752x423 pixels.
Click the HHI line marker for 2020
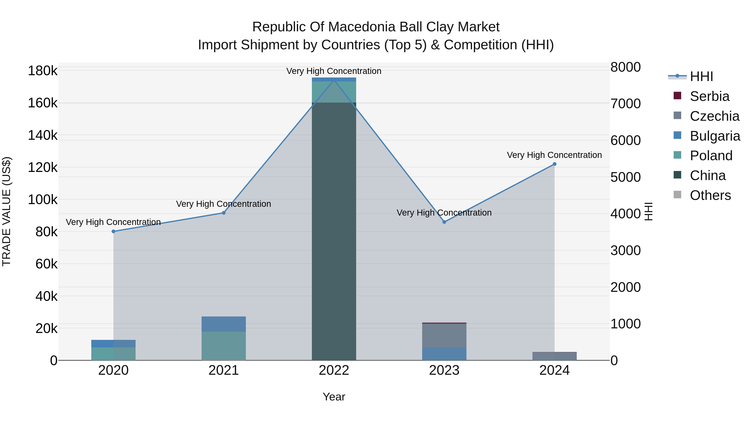[x=114, y=231]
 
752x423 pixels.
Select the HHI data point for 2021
[x=224, y=213]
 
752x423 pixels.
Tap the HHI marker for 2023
[x=444, y=222]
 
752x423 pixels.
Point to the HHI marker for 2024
[x=555, y=164]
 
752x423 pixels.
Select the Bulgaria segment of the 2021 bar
[x=224, y=324]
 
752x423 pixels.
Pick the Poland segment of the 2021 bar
[x=224, y=346]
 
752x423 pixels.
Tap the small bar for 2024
[x=554, y=356]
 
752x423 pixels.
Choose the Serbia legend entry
[x=709, y=96]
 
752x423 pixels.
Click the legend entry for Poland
[x=711, y=156]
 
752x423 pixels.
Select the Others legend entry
[x=710, y=195]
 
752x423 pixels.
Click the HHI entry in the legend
[x=701, y=76]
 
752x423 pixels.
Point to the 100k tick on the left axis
[x=43, y=200]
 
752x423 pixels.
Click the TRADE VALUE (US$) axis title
[x=6, y=211]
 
